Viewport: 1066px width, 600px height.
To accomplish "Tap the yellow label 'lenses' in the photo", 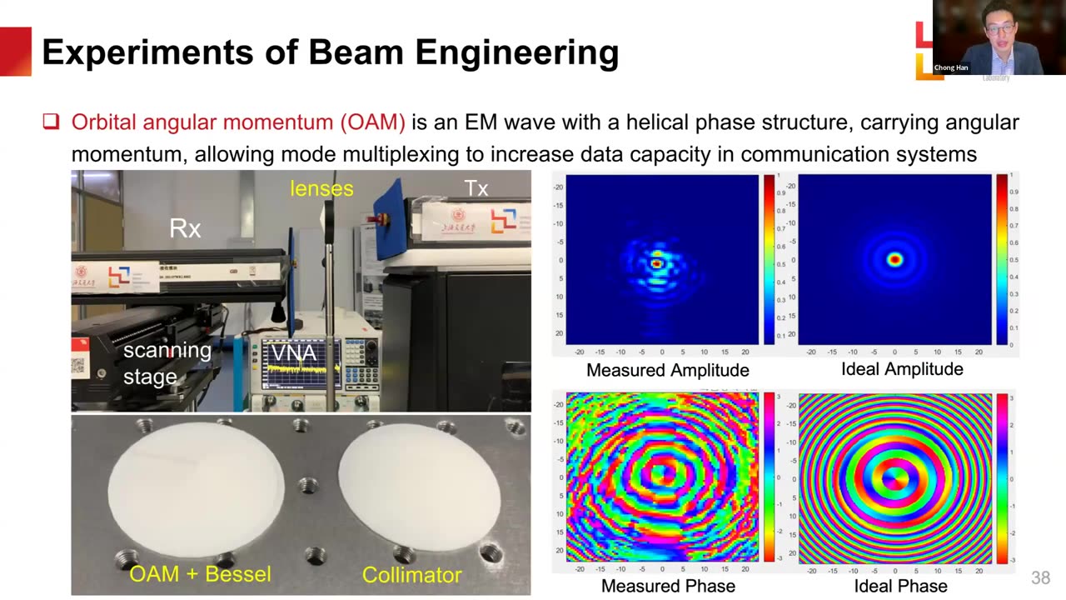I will pyautogui.click(x=321, y=188).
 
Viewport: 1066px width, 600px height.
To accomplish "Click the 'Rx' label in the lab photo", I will pyautogui.click(x=185, y=228).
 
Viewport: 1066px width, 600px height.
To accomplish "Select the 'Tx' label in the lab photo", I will pyautogui.click(x=476, y=188).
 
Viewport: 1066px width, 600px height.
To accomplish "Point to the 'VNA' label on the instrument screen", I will pyautogui.click(x=294, y=353).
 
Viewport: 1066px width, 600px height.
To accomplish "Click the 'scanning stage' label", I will pyautogui.click(x=166, y=363).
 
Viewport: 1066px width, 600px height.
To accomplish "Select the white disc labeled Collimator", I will pyautogui.click(x=419, y=491).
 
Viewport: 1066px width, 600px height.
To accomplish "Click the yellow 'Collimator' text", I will pyautogui.click(x=411, y=575).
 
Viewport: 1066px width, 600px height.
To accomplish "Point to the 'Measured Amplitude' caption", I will pyautogui.click(x=667, y=370).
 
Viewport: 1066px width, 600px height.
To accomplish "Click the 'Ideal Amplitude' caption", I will pyautogui.click(x=901, y=369).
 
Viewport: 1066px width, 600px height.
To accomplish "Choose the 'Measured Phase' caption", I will pyautogui.click(x=668, y=586).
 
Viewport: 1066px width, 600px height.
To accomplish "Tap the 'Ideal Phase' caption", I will pyautogui.click(x=900, y=586).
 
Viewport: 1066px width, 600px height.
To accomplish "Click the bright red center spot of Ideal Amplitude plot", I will pyautogui.click(x=895, y=260).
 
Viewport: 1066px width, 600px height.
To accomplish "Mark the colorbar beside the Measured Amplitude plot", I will pyautogui.click(x=769, y=259).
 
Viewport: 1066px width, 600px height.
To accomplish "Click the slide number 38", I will pyautogui.click(x=1040, y=577).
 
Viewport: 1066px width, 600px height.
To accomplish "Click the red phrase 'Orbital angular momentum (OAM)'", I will pyautogui.click(x=238, y=122).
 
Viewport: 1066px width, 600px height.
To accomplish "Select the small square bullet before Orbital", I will pyautogui.click(x=51, y=122).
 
